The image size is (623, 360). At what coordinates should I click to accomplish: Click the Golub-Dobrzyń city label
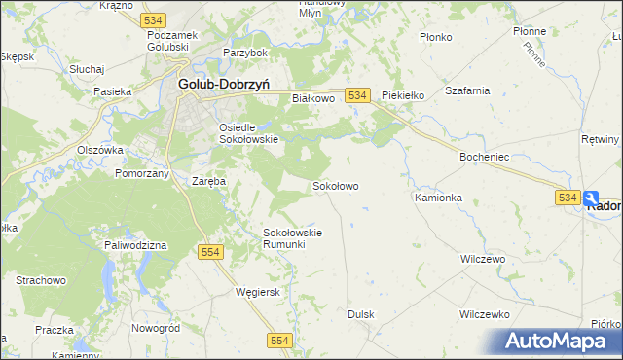[x=223, y=84]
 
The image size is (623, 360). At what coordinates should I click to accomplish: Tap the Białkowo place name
[x=313, y=98]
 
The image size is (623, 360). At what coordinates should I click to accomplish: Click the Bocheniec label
[x=485, y=156]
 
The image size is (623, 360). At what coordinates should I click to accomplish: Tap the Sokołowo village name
[x=336, y=185]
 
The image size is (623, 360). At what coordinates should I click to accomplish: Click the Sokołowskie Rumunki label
[x=292, y=237]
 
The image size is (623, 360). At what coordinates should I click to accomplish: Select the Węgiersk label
[x=258, y=291]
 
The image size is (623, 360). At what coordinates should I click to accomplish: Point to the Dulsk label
[x=361, y=314]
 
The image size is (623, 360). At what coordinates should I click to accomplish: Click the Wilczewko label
[x=485, y=314]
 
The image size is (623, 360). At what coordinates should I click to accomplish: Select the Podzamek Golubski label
[x=173, y=41]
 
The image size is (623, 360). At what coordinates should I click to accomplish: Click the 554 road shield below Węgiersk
[x=280, y=339]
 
